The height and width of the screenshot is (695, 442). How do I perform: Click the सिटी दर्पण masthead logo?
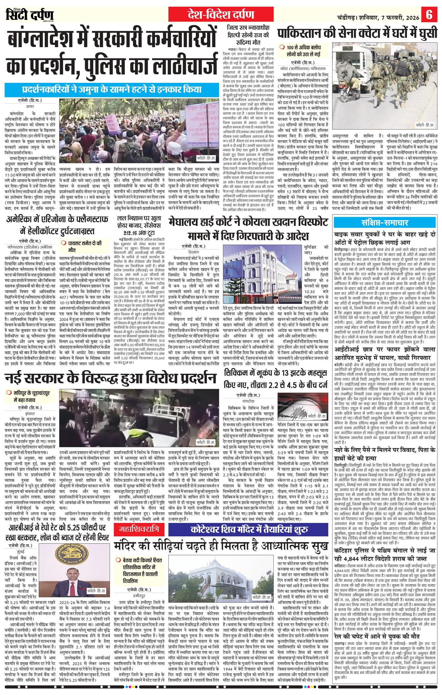tap(30, 15)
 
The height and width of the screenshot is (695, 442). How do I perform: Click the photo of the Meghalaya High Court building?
tap(263, 272)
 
